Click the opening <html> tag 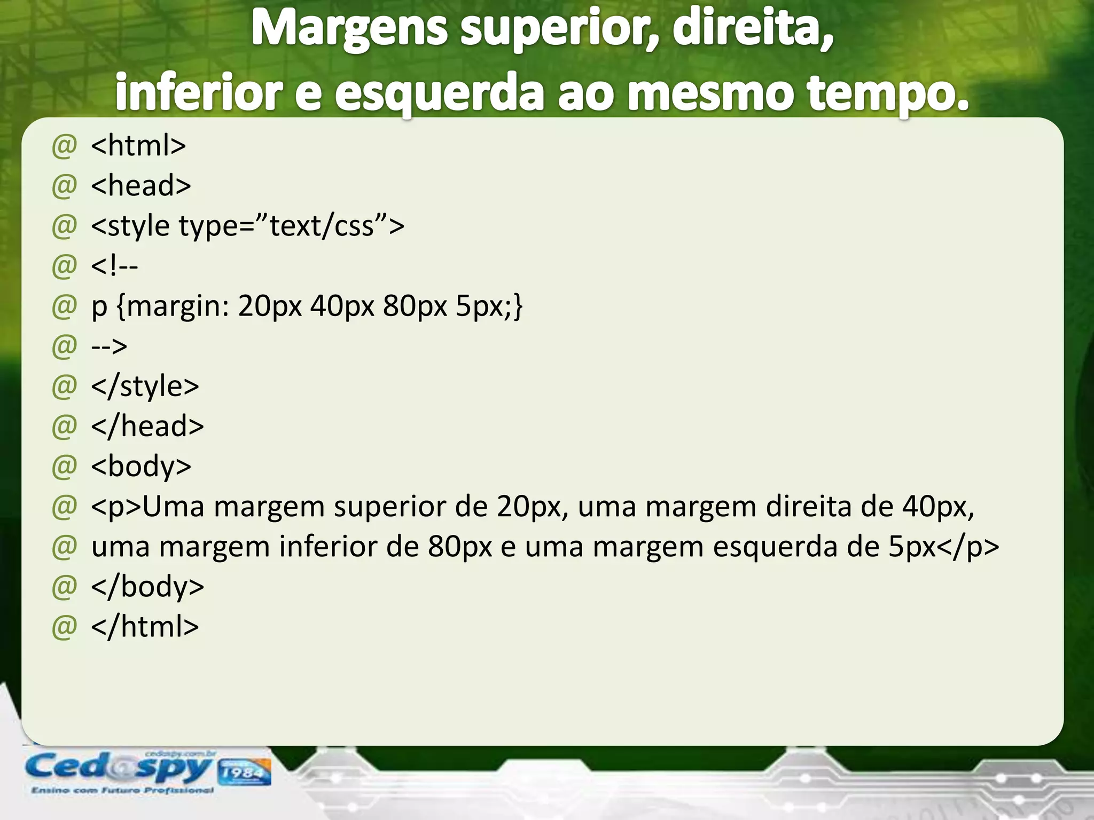click(138, 145)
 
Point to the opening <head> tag click(140, 185)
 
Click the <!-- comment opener click(114, 265)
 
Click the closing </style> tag click(145, 386)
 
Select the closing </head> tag click(147, 426)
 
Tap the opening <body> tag click(140, 466)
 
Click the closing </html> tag click(145, 626)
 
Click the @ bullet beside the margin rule click(65, 306)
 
